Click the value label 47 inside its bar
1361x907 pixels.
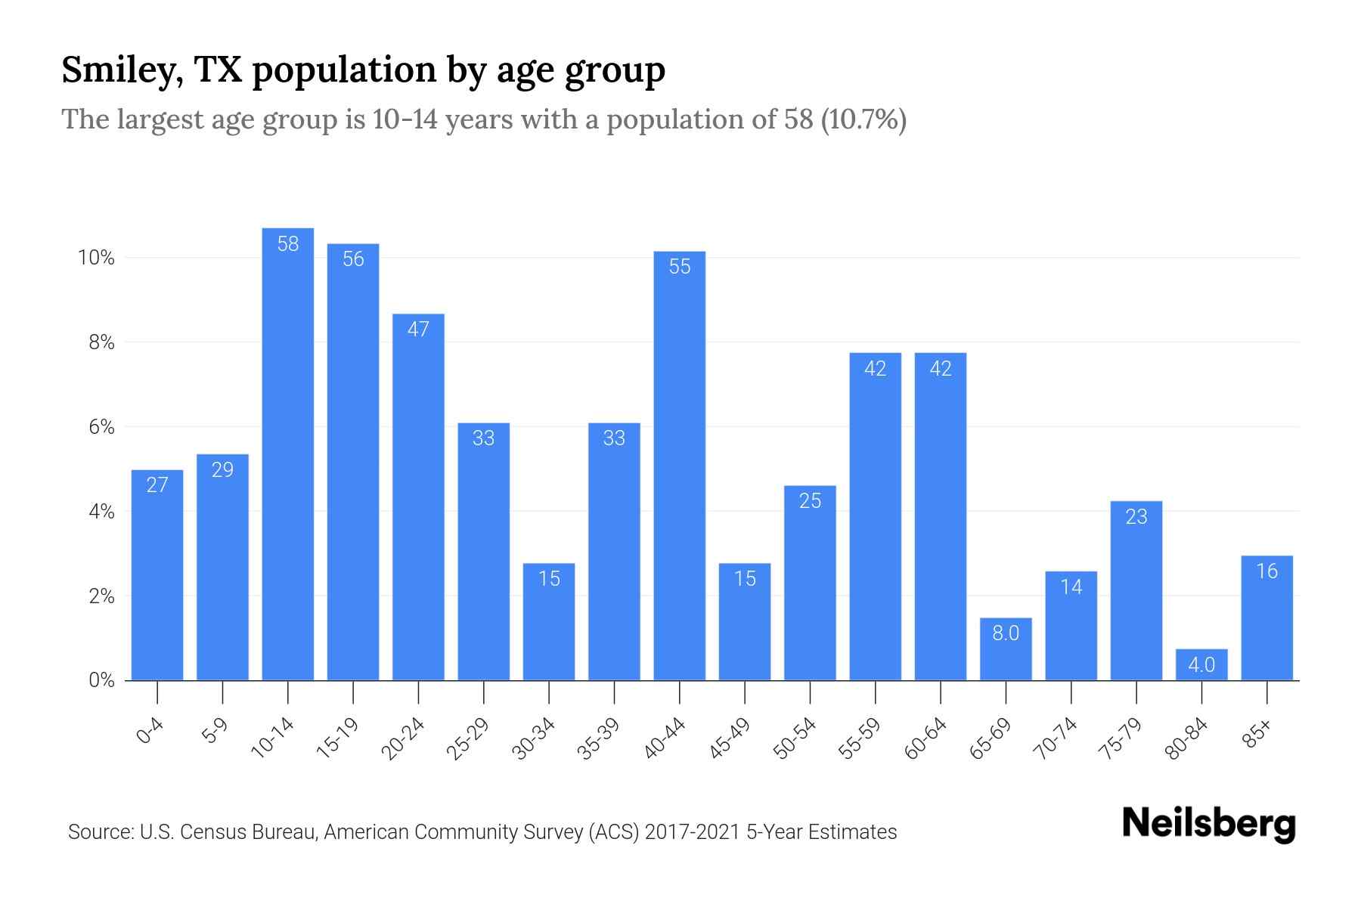(x=418, y=330)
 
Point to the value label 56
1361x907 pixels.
(x=353, y=259)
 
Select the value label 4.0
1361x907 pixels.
(x=1201, y=665)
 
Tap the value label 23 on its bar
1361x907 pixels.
(x=1136, y=517)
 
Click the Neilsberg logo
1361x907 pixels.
(x=1208, y=824)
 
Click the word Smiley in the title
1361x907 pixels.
(x=121, y=71)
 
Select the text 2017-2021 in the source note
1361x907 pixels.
(x=693, y=832)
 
